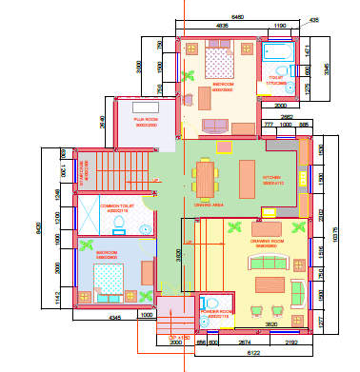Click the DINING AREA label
click(208, 204)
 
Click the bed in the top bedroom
click(219, 66)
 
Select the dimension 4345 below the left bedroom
click(115, 317)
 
